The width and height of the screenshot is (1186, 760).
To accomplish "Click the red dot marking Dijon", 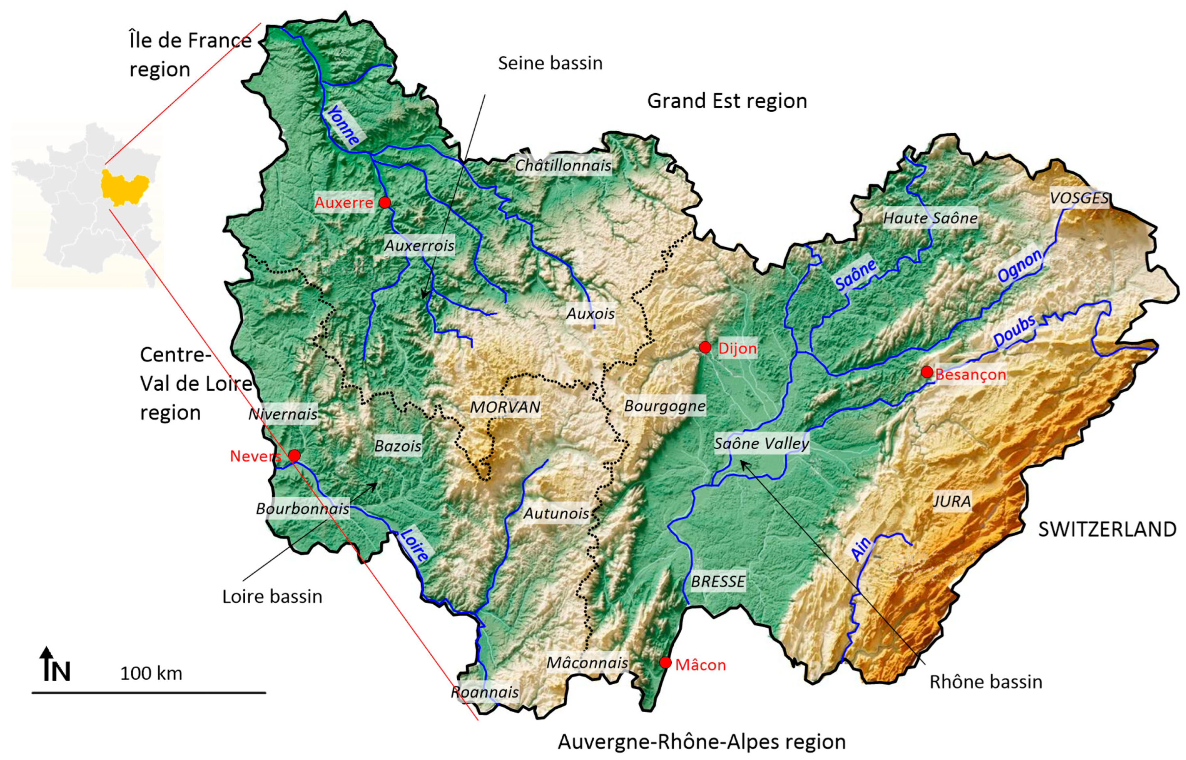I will [705, 348].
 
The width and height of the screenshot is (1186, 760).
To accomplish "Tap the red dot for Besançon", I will [927, 372].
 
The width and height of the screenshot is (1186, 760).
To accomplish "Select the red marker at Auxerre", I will [385, 202].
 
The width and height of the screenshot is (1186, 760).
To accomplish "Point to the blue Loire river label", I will [414, 545].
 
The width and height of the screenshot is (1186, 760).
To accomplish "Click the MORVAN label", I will [505, 407].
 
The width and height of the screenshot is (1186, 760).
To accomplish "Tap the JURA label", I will [952, 501].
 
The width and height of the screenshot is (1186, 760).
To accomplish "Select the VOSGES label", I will [1079, 198].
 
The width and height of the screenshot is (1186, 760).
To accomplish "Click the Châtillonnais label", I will [563, 165].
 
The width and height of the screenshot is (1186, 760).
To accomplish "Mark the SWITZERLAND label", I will [1107, 529].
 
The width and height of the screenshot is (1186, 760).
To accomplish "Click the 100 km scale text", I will [151, 673].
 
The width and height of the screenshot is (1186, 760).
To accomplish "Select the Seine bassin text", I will [550, 63].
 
